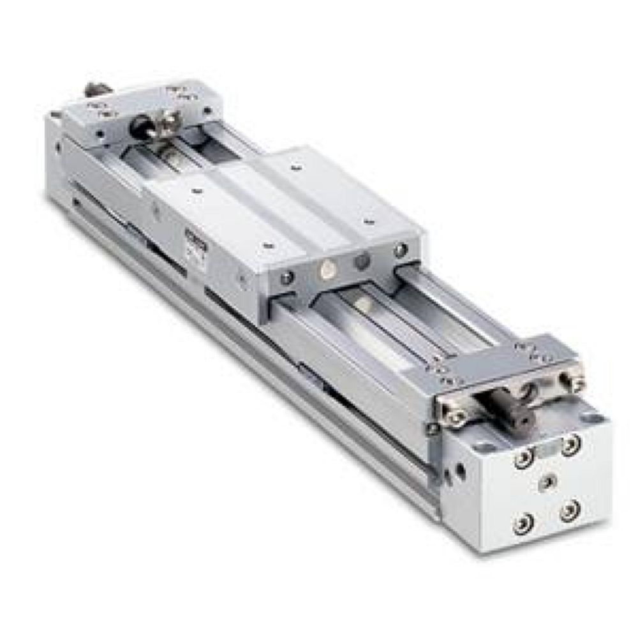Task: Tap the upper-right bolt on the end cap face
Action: (570, 443)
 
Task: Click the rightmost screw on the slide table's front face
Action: (400, 250)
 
